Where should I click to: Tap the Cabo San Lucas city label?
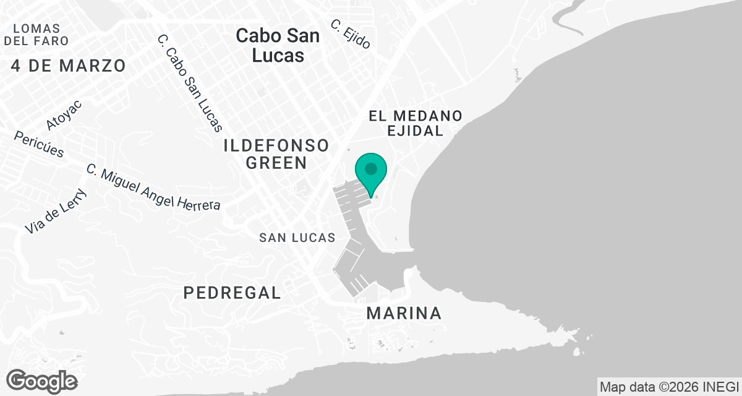coord(278,45)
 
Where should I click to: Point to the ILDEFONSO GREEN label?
coord(276,154)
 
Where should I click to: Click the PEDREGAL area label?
coord(232,293)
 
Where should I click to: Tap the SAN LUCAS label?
coord(297,238)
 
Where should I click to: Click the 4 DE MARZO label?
coord(68,65)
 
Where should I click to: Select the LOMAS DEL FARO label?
coord(36,35)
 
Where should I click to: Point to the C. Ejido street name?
coord(351,34)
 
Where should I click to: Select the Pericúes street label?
coord(39,144)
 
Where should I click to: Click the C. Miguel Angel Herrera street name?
coord(153,187)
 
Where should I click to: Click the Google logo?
coord(41,380)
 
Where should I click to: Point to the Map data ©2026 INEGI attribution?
coord(670,386)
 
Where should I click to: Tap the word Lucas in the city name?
coord(278,54)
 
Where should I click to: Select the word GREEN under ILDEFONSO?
coord(276,163)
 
